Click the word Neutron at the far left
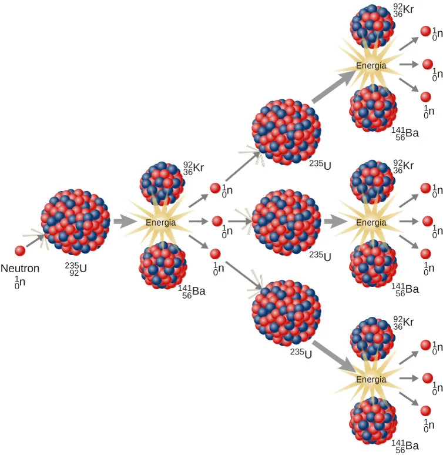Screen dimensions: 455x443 pyautogui.click(x=21, y=269)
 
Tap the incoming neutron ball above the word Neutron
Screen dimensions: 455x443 pyautogui.click(x=19, y=250)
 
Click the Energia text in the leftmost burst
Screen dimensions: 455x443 pyautogui.click(x=160, y=222)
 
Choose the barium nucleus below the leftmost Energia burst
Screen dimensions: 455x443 pyautogui.click(x=163, y=265)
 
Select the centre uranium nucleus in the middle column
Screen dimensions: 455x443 pyautogui.click(x=287, y=222)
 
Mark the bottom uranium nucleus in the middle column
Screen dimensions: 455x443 pyautogui.click(x=286, y=313)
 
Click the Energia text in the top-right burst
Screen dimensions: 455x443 pyautogui.click(x=371, y=65)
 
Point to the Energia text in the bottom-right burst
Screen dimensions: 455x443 pyautogui.click(x=371, y=379)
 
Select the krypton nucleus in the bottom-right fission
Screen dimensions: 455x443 pyautogui.click(x=372, y=339)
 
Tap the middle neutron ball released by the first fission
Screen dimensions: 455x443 pyautogui.click(x=217, y=222)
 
